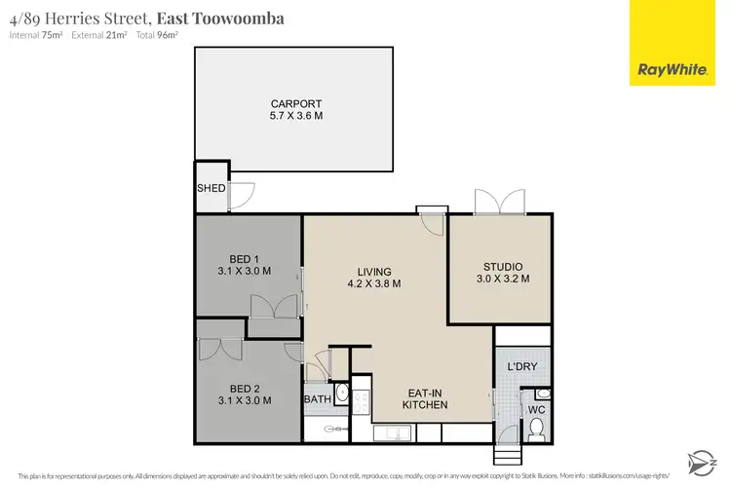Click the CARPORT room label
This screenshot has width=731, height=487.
[296, 103]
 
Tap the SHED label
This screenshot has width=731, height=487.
[211, 188]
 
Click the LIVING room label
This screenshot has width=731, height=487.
[374, 272]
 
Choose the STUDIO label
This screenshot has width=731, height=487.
[503, 266]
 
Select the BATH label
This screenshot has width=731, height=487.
[318, 399]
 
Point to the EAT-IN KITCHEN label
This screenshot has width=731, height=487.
[427, 398]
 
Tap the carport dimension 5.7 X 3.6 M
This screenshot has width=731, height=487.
[296, 116]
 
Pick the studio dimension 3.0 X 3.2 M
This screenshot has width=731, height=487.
[503, 279]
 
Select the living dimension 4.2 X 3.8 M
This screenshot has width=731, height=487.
[374, 284]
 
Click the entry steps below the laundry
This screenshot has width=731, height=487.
[507, 456]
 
